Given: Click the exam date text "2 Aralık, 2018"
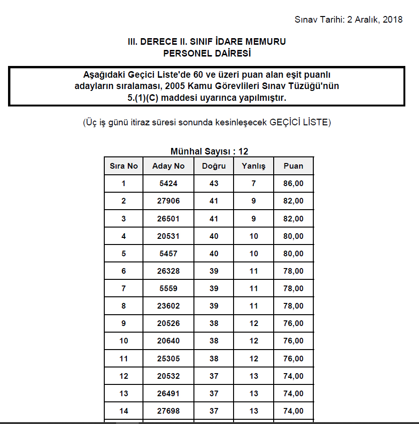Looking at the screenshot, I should [x=375, y=19].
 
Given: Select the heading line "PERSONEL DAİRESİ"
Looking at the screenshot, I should [x=207, y=53].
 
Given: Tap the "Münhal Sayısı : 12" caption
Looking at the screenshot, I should [x=209, y=151].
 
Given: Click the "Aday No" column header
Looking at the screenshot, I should [x=168, y=166].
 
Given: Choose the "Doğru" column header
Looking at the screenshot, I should [x=214, y=166].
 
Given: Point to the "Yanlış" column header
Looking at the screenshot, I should [x=253, y=166].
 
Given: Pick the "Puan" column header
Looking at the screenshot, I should [x=293, y=166].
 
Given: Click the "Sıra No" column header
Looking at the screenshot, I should [x=124, y=166].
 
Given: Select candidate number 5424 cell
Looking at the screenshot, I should [x=168, y=183].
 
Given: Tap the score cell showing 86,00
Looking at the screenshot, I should [x=293, y=183].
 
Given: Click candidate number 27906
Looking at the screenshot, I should [x=168, y=201].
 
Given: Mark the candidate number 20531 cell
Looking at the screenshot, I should [x=168, y=236].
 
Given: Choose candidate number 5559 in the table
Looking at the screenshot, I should [x=168, y=288].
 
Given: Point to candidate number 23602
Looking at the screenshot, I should [x=168, y=306].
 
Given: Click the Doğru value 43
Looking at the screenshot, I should [x=214, y=183].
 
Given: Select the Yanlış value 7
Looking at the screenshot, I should [x=253, y=183].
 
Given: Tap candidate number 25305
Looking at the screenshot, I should [x=168, y=359].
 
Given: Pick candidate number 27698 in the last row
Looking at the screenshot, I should [x=168, y=411].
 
